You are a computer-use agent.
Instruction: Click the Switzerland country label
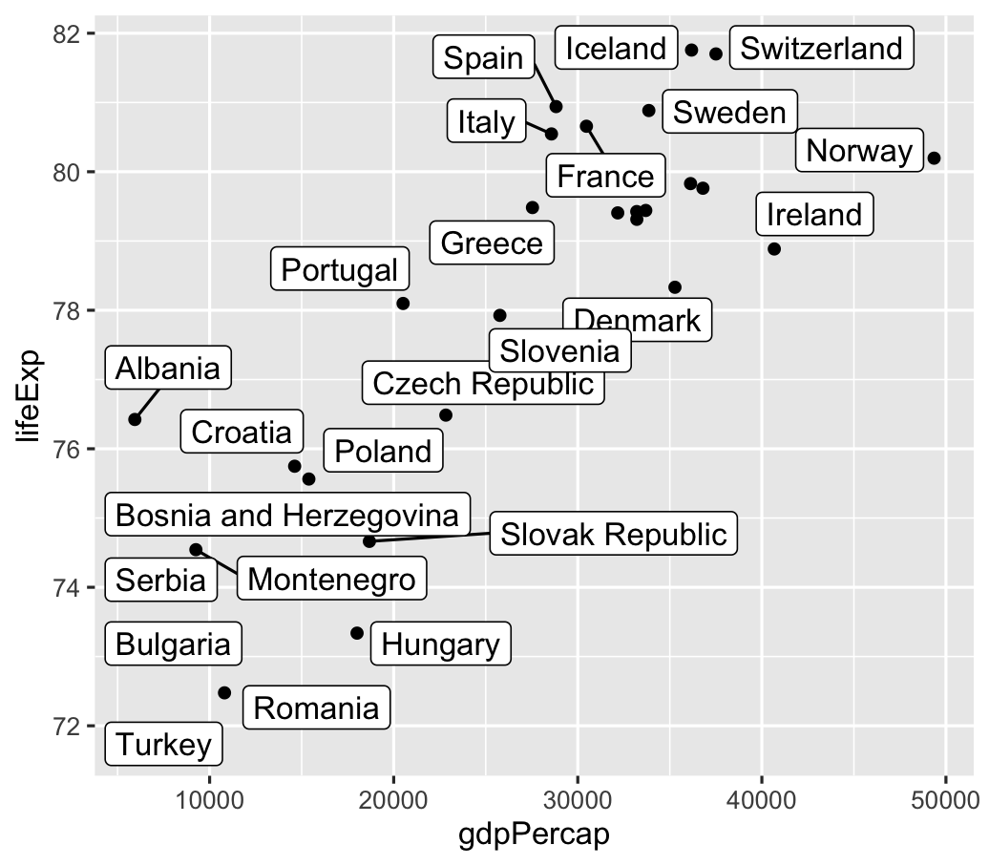(821, 49)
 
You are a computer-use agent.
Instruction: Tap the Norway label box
(859, 151)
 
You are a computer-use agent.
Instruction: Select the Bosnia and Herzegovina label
(287, 516)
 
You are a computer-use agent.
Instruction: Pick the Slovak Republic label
(614, 534)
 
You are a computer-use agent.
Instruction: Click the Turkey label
(163, 744)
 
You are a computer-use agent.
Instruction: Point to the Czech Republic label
(482, 384)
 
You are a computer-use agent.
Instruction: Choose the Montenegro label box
(331, 580)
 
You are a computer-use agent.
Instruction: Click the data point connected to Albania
(135, 419)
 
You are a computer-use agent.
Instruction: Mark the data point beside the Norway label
(934, 158)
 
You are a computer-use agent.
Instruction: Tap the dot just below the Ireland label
(774, 249)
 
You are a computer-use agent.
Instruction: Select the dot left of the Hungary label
(357, 633)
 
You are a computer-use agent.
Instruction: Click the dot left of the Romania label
(224, 692)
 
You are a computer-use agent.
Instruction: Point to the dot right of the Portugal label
(403, 304)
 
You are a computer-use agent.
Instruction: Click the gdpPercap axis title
(534, 837)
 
